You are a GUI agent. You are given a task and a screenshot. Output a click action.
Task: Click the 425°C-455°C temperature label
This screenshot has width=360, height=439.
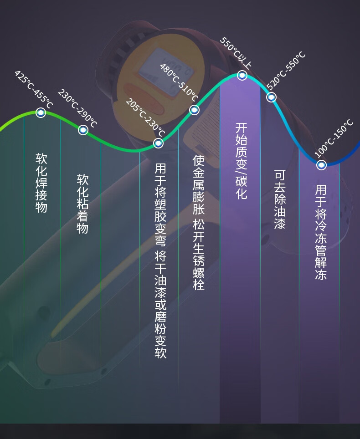point(34,89)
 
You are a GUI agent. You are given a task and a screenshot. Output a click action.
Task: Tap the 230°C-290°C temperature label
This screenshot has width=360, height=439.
point(77,108)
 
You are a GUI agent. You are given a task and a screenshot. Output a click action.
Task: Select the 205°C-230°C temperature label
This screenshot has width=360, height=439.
point(144,117)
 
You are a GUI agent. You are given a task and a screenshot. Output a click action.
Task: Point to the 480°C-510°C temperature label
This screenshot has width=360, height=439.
point(179,82)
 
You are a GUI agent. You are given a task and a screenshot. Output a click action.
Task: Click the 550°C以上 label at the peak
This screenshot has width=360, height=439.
point(236,53)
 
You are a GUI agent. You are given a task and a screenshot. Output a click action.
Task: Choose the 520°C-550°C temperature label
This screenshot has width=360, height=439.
point(286,71)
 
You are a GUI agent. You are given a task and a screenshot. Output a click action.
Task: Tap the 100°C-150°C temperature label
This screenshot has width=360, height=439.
point(334,138)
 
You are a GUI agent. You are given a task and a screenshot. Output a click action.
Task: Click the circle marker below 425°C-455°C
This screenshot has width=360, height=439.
point(41,112)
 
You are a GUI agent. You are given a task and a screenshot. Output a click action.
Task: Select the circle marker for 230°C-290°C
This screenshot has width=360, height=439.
point(83,130)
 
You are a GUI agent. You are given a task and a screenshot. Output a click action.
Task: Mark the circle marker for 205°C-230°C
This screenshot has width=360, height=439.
point(158,143)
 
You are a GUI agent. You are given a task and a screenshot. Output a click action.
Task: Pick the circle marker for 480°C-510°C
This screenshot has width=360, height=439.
point(195,110)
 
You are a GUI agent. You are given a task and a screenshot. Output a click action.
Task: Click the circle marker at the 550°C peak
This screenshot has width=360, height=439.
point(242,75)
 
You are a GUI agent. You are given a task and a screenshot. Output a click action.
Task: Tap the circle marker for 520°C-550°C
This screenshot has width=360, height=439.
point(272,97)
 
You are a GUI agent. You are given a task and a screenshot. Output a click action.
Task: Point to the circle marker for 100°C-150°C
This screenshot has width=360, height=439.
point(322,165)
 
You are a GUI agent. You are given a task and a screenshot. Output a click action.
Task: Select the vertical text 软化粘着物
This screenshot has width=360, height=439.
point(82,204)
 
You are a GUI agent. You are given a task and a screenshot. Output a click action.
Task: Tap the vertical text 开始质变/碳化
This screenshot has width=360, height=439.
point(242,161)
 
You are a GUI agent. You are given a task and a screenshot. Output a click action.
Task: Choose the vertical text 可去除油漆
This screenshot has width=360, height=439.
point(280,199)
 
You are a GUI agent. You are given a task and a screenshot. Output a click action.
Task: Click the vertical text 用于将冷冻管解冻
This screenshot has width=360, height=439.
point(321,232)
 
